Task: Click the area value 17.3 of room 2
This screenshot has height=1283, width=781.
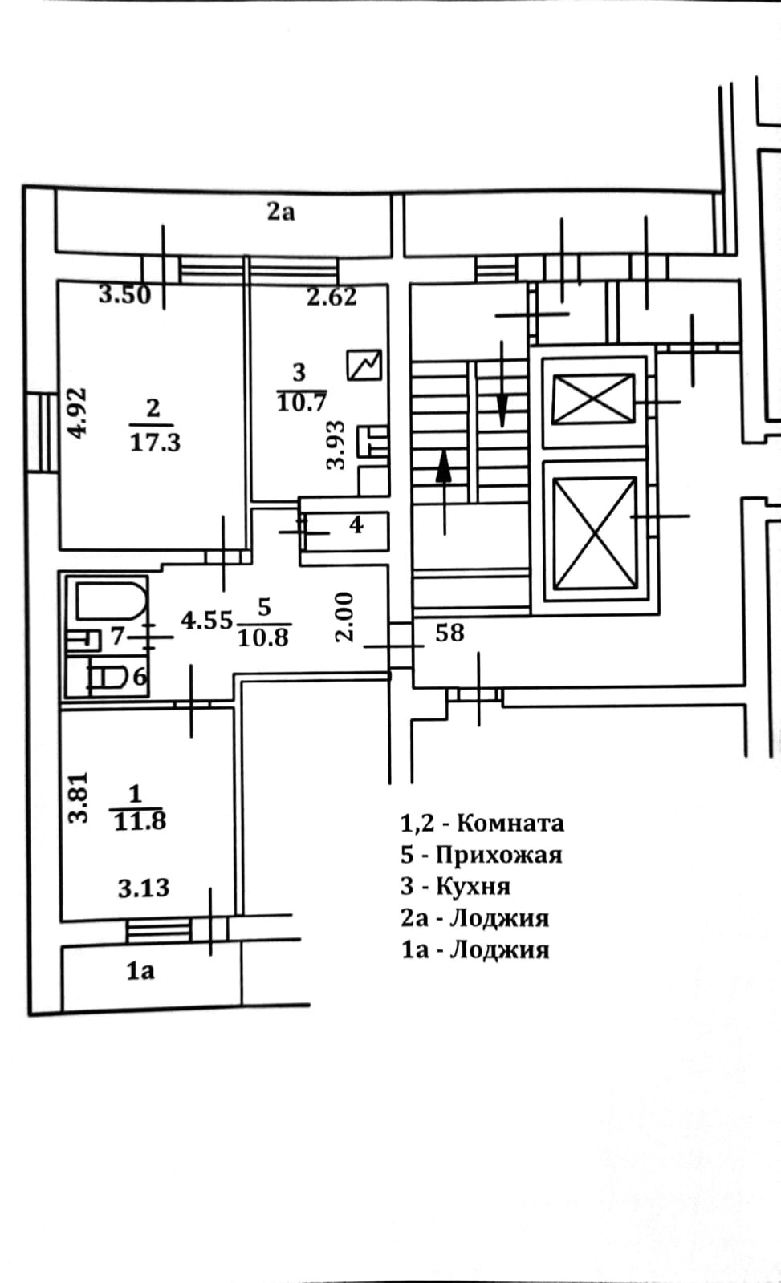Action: tap(155, 442)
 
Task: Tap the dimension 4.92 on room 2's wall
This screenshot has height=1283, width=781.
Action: tap(77, 412)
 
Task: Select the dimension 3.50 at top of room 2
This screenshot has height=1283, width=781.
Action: tap(124, 295)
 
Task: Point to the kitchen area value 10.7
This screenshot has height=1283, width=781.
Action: tap(300, 402)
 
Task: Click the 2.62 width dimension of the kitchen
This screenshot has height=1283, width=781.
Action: tap(332, 297)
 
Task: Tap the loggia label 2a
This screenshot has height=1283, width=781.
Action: tap(280, 212)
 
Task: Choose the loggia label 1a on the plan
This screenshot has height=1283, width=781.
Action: tap(140, 971)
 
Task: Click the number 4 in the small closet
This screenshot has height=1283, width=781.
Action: tap(356, 525)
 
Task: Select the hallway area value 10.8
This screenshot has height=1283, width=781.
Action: tap(262, 637)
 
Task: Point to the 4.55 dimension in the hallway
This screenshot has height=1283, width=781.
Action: tap(206, 620)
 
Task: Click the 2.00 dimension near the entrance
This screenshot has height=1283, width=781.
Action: tap(344, 617)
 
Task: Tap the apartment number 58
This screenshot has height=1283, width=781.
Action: tap(449, 633)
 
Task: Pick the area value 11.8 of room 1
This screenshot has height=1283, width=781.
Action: tap(140, 821)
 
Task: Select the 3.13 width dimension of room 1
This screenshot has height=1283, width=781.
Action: tap(144, 888)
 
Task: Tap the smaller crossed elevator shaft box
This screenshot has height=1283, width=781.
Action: tap(594, 399)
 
